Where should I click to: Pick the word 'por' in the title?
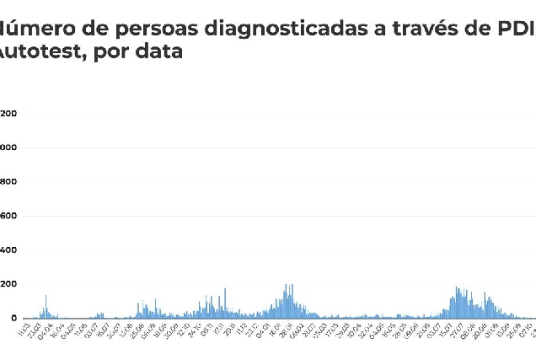pyautogui.click(x=105, y=53)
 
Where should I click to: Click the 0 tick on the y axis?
pyautogui.click(x=13, y=318)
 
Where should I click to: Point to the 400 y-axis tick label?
pyautogui.click(x=8, y=250)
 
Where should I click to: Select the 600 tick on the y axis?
pyautogui.click(x=8, y=216)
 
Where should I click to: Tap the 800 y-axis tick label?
pyautogui.click(x=8, y=182)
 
